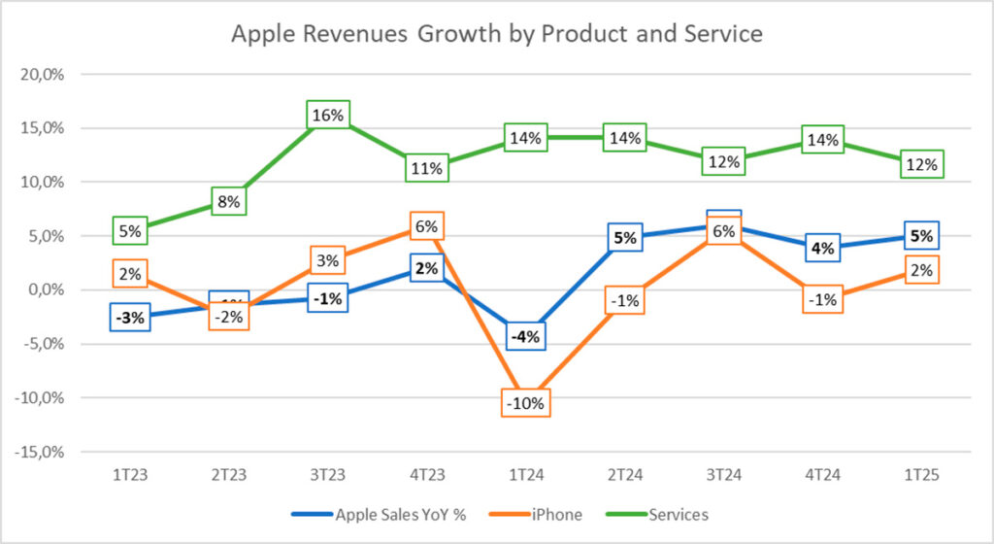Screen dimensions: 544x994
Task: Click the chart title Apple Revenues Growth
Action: (x=496, y=34)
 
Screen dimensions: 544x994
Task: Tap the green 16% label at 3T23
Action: (x=327, y=116)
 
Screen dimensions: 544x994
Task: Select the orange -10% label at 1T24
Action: (x=525, y=401)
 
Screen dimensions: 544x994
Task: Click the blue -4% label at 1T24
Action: (x=525, y=337)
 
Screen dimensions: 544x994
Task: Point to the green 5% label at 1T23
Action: (x=130, y=231)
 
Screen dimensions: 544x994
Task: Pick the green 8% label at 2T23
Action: (x=229, y=202)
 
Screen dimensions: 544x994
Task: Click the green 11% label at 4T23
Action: (x=426, y=168)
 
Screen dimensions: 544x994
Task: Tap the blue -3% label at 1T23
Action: (x=130, y=317)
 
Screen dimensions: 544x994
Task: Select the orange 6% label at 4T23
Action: (x=426, y=227)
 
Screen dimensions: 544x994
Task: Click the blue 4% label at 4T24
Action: (x=822, y=248)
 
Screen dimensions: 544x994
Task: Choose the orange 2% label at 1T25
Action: (x=921, y=270)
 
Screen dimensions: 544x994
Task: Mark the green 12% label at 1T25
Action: (x=921, y=165)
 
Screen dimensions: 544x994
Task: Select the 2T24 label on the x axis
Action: (x=624, y=475)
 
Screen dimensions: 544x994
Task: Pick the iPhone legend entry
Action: (x=557, y=515)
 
